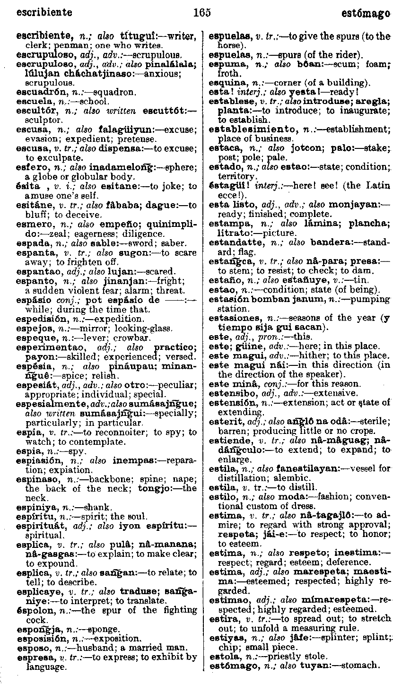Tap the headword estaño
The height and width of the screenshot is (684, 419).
click(223, 280)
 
